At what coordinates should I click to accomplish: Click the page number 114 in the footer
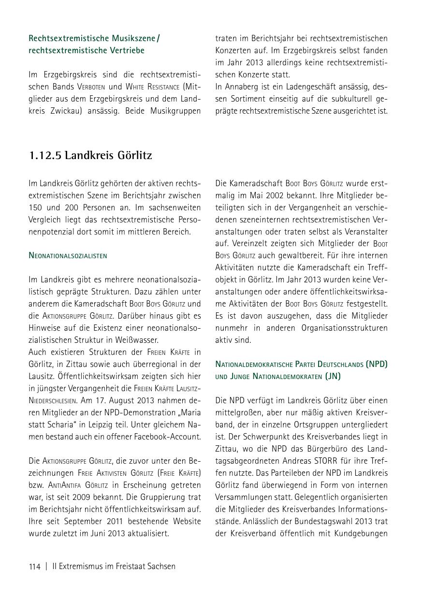[x=35, y=566]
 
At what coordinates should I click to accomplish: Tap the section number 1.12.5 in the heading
[x=45, y=155]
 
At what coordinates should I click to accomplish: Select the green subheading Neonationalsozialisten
[x=68, y=255]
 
